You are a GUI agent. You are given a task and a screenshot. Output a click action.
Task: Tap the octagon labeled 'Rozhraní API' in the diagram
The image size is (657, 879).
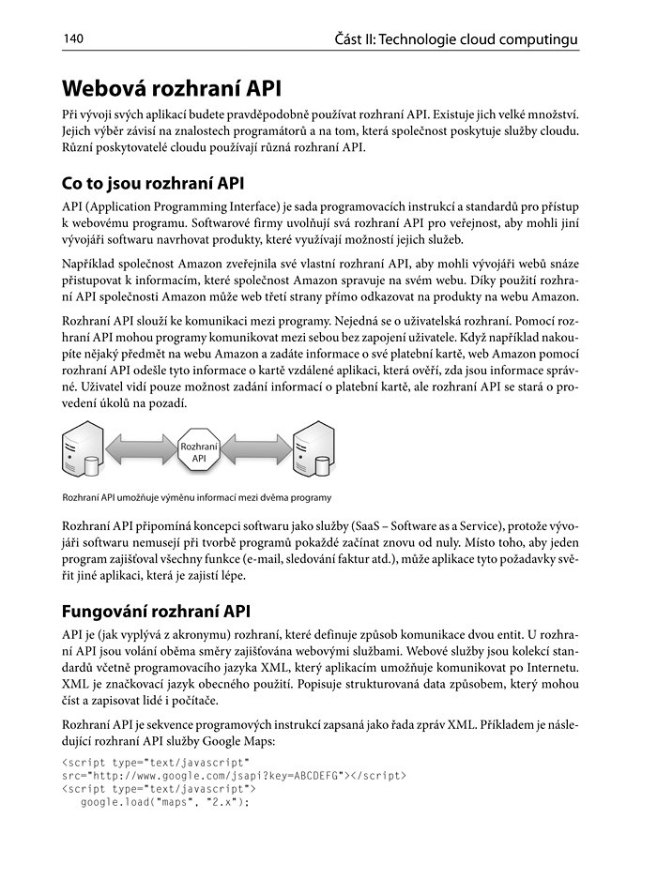pyautogui.click(x=199, y=452)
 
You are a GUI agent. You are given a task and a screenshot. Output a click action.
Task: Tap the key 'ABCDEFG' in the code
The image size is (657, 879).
pyautogui.click(x=313, y=776)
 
